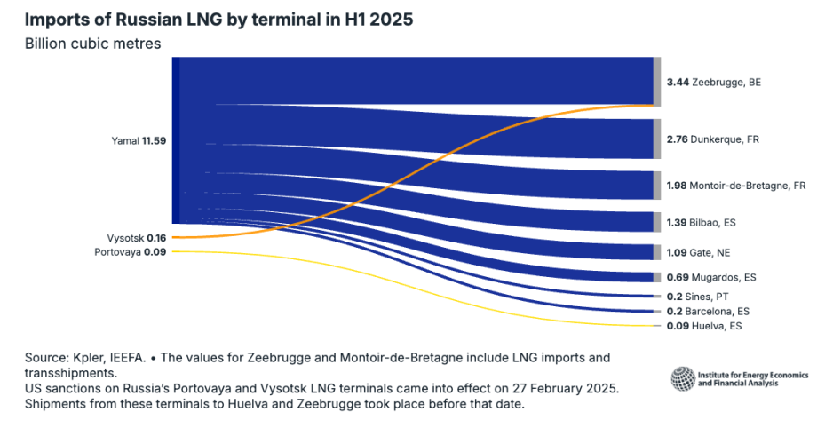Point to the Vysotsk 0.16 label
131,237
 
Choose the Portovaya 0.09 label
131,252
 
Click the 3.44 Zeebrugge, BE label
713,82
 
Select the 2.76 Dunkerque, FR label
712,139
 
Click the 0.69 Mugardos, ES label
710,278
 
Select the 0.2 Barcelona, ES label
707,312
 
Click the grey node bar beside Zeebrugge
657,81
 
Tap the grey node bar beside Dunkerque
657,139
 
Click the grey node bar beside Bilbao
657,221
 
